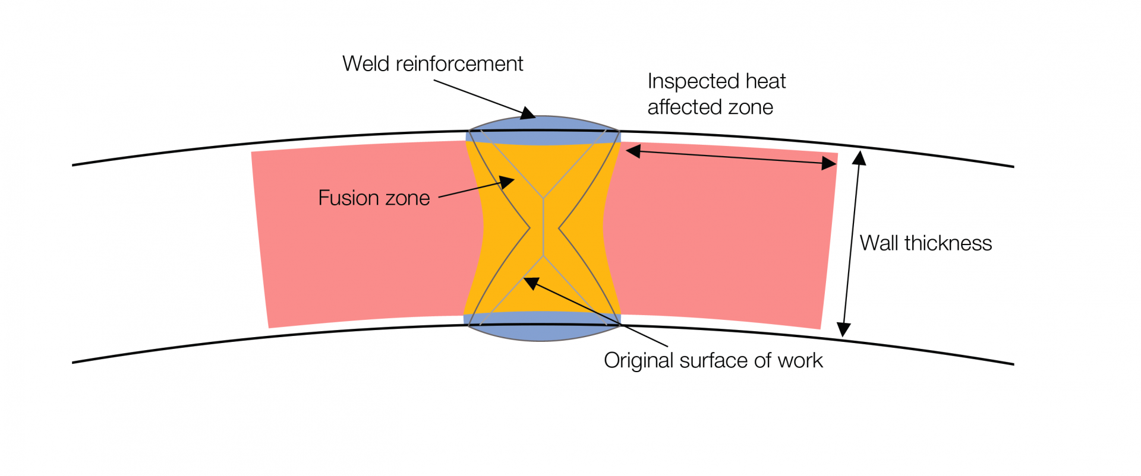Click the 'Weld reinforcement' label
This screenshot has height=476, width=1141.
[x=432, y=64]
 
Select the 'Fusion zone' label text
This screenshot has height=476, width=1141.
[x=374, y=198]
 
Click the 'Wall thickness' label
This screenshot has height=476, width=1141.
[x=925, y=243]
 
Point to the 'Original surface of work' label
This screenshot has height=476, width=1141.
[x=713, y=361]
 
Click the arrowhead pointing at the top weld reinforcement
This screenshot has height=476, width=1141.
[x=528, y=113]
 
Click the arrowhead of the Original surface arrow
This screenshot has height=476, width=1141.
[x=531, y=283]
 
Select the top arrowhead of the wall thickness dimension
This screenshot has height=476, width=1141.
[x=859, y=158]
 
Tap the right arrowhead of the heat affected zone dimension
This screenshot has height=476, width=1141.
[x=829, y=163]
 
